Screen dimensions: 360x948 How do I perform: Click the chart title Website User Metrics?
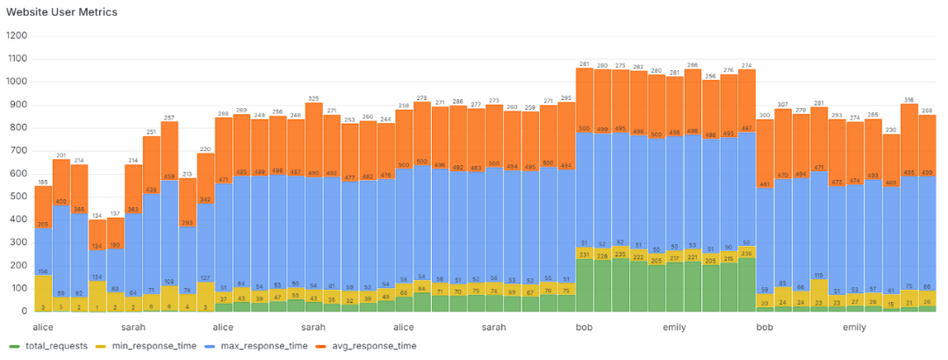(61, 12)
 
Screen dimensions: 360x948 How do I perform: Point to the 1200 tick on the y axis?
(17, 36)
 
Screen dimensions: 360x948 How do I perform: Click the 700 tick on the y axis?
(19, 150)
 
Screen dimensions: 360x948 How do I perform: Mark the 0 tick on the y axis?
(25, 311)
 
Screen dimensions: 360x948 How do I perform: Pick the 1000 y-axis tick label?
(17, 82)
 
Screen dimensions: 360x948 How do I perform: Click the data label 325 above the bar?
(314, 97)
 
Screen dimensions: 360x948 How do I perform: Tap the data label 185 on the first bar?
(43, 182)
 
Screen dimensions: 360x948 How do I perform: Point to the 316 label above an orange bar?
(908, 99)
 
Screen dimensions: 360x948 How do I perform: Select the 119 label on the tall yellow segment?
(818, 275)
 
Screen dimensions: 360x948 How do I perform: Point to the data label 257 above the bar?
(169, 117)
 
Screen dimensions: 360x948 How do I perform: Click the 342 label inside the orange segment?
(205, 199)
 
